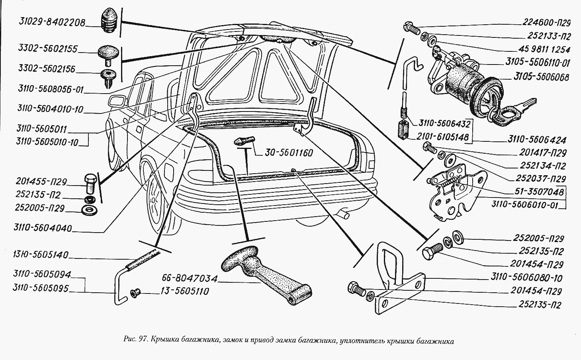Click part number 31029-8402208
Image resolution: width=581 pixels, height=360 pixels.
[x=52, y=23]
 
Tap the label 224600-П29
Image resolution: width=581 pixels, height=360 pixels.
[x=544, y=23]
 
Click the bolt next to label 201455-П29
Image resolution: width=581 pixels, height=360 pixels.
[x=90, y=184]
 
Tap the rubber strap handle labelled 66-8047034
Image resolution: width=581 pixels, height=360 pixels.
[x=263, y=275]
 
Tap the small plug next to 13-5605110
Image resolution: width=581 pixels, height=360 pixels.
[x=135, y=293]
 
